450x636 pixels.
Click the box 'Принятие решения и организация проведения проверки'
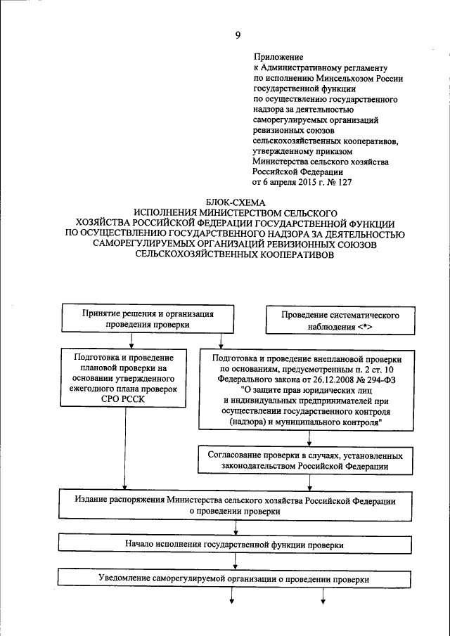[148, 319]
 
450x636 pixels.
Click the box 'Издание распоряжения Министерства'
[236, 505]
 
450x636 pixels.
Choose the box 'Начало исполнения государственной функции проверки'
[236, 544]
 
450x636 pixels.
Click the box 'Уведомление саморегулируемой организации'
[236, 579]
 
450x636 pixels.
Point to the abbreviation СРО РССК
[124, 400]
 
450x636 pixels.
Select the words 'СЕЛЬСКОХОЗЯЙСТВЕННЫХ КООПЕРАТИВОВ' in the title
[236, 257]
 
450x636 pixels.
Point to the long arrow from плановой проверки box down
[124, 450]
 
